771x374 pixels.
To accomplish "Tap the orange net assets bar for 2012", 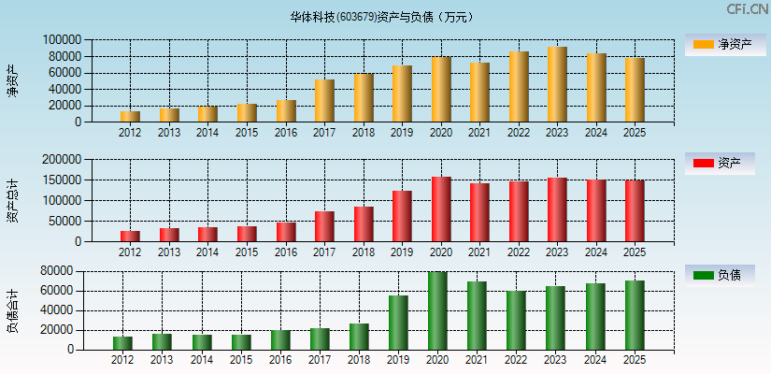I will tap(130, 116).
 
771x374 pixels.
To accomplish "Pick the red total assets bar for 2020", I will tap(441, 209).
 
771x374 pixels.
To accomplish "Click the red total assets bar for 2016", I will tap(286, 231).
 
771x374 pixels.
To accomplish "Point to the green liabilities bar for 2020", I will tap(437, 310).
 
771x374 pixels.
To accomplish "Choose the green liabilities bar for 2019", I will tap(398, 323).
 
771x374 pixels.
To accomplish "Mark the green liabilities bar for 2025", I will tap(635, 315).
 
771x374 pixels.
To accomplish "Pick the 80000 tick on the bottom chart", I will tap(57, 271).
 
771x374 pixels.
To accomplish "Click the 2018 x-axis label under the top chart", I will tap(364, 133).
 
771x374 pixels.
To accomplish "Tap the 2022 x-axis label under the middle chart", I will tap(519, 252).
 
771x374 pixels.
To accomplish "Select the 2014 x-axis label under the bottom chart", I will tap(201, 360).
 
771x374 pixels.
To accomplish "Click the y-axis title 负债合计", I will tap(12, 310).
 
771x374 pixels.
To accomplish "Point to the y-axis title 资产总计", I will tap(12, 200).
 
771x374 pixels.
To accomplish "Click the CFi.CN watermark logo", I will tap(748, 9).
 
